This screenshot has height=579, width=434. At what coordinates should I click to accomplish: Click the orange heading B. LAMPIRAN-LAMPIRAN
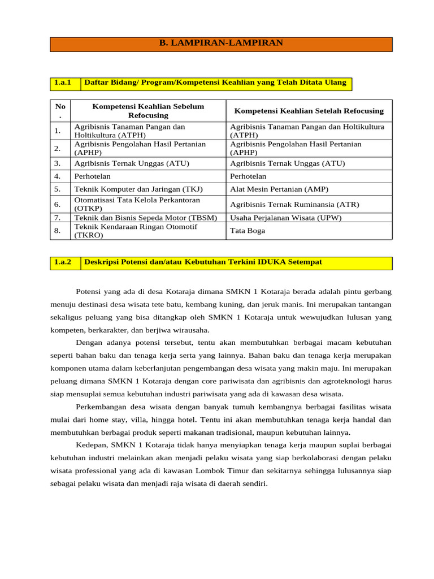point(221,43)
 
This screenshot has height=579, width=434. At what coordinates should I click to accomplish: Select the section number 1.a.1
point(63,83)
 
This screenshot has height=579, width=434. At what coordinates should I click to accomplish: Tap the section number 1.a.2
point(63,262)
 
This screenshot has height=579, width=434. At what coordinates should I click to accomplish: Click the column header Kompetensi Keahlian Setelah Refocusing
point(309,111)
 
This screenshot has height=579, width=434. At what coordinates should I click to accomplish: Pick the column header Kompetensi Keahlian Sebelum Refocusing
point(148,111)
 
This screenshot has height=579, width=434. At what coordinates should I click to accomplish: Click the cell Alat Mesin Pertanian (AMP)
point(279,189)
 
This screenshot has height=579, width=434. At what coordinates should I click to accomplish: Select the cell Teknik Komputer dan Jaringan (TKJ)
point(138,189)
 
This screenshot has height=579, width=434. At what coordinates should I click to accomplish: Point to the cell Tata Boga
point(248,231)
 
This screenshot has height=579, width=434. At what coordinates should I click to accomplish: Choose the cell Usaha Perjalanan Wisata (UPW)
point(285,218)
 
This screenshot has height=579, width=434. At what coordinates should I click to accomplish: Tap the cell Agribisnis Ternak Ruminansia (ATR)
point(294,204)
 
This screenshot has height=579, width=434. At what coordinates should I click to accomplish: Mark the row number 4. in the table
point(58,176)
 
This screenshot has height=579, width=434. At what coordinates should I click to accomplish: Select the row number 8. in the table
point(58,231)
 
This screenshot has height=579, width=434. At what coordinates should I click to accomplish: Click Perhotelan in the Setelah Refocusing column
point(248,176)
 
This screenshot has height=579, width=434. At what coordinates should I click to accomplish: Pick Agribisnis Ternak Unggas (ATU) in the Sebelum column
point(132,163)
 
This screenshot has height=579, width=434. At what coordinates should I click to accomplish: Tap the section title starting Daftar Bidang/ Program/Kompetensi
point(215,83)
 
